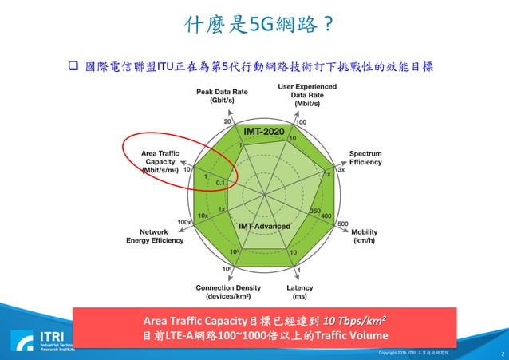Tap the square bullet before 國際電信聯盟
(x=70, y=65)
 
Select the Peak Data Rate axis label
(x=215, y=97)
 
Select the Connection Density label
(x=228, y=291)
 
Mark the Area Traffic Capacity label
(x=160, y=160)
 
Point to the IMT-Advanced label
(x=264, y=226)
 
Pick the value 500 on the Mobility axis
(x=343, y=224)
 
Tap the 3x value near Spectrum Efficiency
(x=341, y=169)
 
